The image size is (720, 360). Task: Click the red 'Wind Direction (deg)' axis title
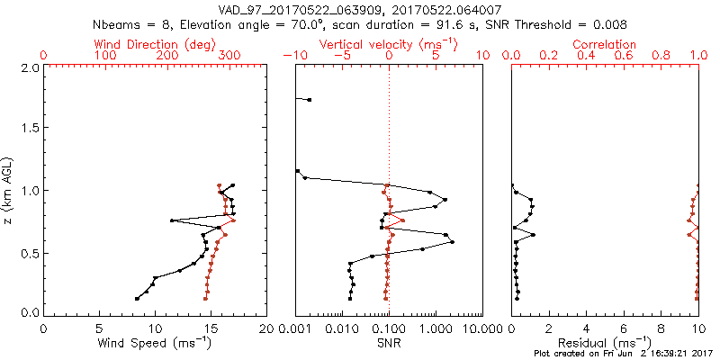pyautogui.click(x=155, y=44)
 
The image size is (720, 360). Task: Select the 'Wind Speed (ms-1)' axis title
pyautogui.click(x=155, y=343)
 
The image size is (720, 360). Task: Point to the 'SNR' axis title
pyautogui.click(x=389, y=343)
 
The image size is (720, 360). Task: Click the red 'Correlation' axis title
pyautogui.click(x=605, y=44)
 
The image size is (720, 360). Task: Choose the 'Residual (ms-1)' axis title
pyautogui.click(x=605, y=343)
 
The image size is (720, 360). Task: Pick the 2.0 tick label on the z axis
pyautogui.click(x=29, y=67)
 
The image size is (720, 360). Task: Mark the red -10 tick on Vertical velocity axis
pyautogui.click(x=290, y=56)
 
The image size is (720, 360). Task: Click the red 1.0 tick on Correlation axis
pyautogui.click(x=698, y=56)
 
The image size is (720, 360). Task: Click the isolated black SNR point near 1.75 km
pyautogui.click(x=310, y=99)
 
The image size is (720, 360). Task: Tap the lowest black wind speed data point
pyautogui.click(x=137, y=299)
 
